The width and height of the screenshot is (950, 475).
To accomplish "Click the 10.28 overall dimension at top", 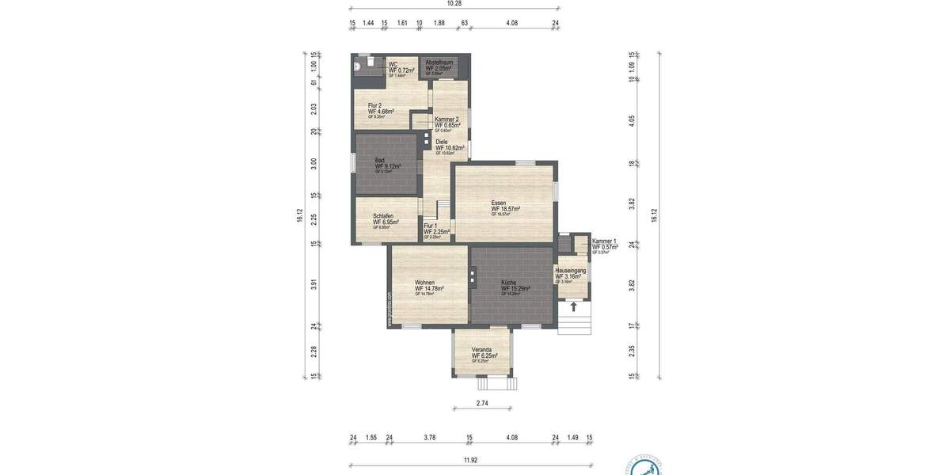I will point(454,4).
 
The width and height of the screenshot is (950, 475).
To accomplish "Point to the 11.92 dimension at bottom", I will point(470,458).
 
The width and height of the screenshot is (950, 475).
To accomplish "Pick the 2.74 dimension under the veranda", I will point(483,404).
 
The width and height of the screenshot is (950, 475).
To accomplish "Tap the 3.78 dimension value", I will point(430,437).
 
